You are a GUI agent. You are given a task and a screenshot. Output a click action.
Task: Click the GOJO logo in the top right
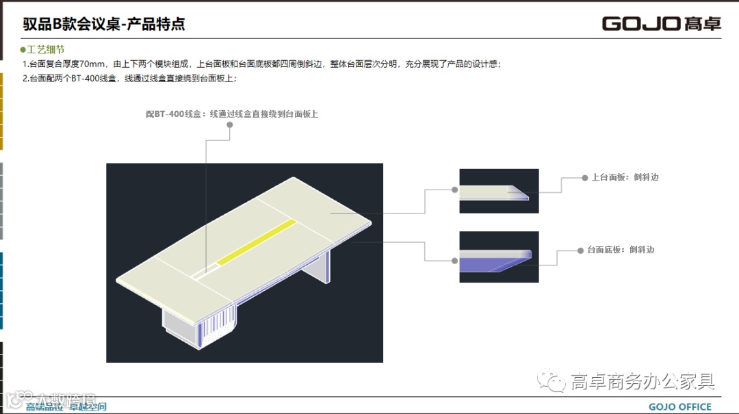[x=661, y=23]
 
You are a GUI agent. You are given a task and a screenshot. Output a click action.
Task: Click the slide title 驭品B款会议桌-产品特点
[x=104, y=24]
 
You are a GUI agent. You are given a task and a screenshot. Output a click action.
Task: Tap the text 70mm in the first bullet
[x=92, y=64]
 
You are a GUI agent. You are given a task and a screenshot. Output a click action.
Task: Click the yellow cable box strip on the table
[x=256, y=242]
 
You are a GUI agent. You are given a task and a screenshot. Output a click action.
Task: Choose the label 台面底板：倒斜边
[x=621, y=250]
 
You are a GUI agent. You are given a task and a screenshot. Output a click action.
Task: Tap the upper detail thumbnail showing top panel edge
[x=499, y=191]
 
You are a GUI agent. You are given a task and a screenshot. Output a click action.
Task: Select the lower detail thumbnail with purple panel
[x=499, y=257]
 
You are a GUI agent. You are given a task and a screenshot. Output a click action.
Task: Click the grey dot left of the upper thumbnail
[x=454, y=190]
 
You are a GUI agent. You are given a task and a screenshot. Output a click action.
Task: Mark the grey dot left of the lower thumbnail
[x=454, y=260]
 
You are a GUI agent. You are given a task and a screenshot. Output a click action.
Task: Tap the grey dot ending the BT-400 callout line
[x=230, y=125]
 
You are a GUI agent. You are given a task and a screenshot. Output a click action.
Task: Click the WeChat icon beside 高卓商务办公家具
[x=551, y=382]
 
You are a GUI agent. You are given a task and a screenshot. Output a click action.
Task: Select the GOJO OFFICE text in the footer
[x=679, y=406]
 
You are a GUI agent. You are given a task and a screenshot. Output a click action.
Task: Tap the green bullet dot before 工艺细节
[x=23, y=50]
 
